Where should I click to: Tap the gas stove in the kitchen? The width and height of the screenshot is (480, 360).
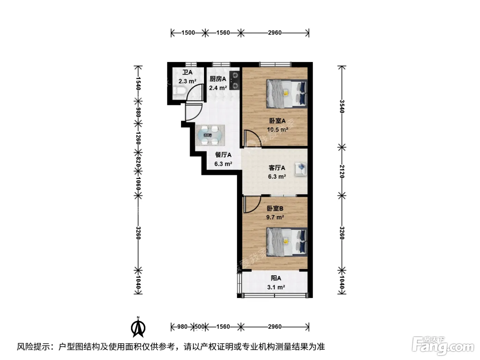click(235, 81)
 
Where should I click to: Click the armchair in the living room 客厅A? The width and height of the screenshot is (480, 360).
click(300, 169)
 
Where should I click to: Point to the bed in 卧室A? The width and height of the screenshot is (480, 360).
click(287, 94)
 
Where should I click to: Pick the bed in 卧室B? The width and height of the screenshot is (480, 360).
click(287, 242)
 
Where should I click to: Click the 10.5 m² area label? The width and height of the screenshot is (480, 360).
click(277, 130)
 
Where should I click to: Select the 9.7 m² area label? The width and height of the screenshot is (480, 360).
click(275, 217)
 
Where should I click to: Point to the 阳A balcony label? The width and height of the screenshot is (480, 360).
click(276, 278)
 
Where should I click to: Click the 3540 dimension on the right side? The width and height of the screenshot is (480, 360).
click(342, 106)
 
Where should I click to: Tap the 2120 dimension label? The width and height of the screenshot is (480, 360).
click(342, 171)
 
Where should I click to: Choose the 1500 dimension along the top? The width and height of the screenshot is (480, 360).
click(188, 33)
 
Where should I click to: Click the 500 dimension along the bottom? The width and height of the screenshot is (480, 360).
click(200, 327)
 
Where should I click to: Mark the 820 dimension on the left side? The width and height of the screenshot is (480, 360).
click(138, 162)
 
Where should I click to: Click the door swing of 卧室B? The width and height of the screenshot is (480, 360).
click(252, 204)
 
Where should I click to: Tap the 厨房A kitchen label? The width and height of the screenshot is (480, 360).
click(218, 79)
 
